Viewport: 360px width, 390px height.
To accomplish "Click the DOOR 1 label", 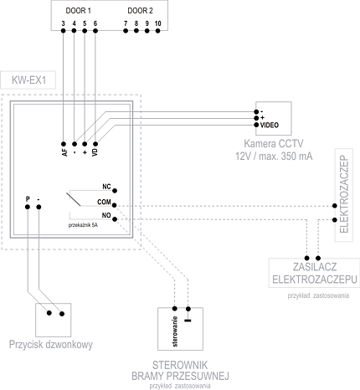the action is (78, 11).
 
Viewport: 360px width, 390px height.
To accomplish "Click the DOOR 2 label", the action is (140, 11).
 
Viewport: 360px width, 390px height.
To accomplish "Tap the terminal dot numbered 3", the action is (63, 31).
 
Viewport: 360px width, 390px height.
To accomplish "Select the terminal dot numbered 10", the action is (157, 31).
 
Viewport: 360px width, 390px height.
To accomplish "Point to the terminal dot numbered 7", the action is (126, 31).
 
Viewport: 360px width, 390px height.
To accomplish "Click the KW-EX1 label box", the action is (28, 80).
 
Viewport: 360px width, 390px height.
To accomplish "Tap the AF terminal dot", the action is (64, 144).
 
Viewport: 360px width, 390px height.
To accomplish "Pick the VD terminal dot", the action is (95, 144).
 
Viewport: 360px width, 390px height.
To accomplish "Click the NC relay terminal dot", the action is (115, 191).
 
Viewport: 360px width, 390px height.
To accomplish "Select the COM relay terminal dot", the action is (114, 205).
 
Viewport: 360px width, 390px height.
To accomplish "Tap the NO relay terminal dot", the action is (115, 219).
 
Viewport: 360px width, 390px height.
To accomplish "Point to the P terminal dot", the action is (28, 207).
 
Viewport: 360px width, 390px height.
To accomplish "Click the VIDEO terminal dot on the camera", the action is (256, 125).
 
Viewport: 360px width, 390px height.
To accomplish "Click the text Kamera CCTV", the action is (274, 144).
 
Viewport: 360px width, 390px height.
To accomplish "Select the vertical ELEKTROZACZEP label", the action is (344, 195).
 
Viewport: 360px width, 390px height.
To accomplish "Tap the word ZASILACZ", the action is (315, 267).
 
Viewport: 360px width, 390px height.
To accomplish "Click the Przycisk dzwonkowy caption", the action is (51, 345).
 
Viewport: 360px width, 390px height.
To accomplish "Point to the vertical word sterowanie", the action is (175, 331).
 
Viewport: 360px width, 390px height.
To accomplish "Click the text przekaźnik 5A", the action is (83, 225).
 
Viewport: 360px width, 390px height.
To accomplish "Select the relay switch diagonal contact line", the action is (74, 199).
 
